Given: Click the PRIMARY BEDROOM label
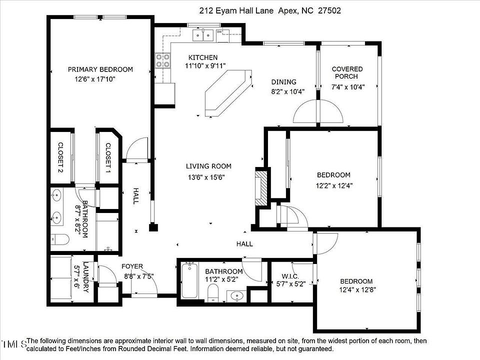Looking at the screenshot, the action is (x=100, y=69).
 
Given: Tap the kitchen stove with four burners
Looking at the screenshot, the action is (x=162, y=60).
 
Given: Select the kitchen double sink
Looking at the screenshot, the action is (x=203, y=35).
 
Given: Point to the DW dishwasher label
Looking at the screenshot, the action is (x=219, y=31).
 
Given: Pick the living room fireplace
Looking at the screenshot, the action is (x=261, y=188).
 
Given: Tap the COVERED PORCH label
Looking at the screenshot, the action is (x=347, y=72).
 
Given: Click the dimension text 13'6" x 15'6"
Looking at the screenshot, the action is (x=206, y=177).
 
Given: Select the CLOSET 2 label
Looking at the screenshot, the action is (x=60, y=157).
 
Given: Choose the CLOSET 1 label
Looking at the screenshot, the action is (x=108, y=157).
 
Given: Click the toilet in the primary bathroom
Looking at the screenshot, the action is (x=60, y=239).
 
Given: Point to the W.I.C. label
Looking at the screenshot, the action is (x=290, y=276).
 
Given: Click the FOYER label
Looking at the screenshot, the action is (x=132, y=266).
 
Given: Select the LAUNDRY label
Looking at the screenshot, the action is (x=86, y=277).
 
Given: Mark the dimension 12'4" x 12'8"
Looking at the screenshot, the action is (x=357, y=289).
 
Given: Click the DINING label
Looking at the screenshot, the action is (x=284, y=81).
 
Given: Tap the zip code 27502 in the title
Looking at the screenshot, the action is (x=329, y=10).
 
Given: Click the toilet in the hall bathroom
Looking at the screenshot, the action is (x=213, y=292).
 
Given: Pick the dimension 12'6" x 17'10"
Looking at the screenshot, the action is (x=95, y=79).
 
